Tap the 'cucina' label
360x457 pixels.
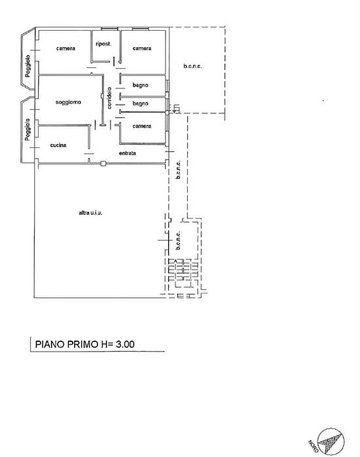pos(58,145)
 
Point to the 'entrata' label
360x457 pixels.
pos(127,153)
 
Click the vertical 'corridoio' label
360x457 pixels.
pos(110,97)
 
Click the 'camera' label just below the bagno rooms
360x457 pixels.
pos(142,126)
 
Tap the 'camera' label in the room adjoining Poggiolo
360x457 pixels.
pos(65,48)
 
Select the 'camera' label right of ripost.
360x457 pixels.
pos(142,48)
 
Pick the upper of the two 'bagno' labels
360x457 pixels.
pos(140,85)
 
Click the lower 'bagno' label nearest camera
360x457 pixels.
pos(140,103)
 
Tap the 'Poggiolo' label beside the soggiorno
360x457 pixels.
pos(28,129)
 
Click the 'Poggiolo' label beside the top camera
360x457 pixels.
pos(28,67)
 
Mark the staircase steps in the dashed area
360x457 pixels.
pos(181,272)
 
